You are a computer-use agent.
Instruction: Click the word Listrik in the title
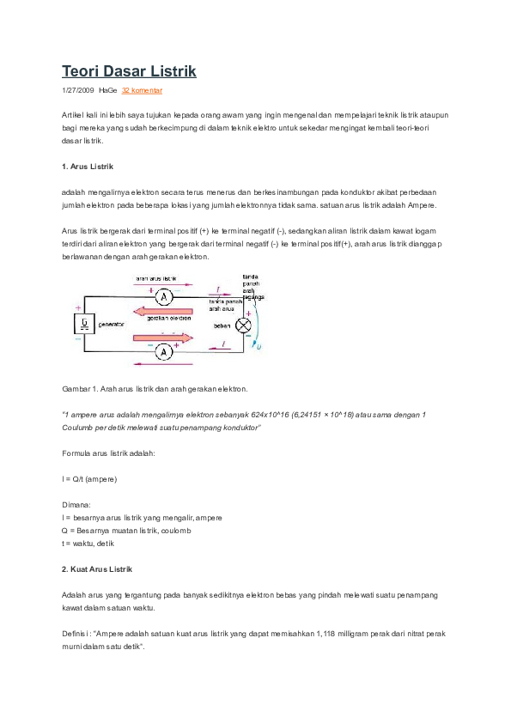click(171, 72)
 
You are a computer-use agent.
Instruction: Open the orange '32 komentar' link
click(142, 90)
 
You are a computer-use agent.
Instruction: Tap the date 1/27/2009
click(77, 90)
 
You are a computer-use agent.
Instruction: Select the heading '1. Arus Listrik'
click(88, 166)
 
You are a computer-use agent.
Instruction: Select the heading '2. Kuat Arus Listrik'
click(97, 569)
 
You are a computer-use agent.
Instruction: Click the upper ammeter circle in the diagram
click(169, 295)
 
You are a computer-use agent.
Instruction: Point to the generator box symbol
click(84, 324)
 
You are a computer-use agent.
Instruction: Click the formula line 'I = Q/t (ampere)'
click(90, 478)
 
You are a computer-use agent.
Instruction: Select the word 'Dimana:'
click(76, 506)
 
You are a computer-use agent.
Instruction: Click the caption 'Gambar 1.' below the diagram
click(81, 389)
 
